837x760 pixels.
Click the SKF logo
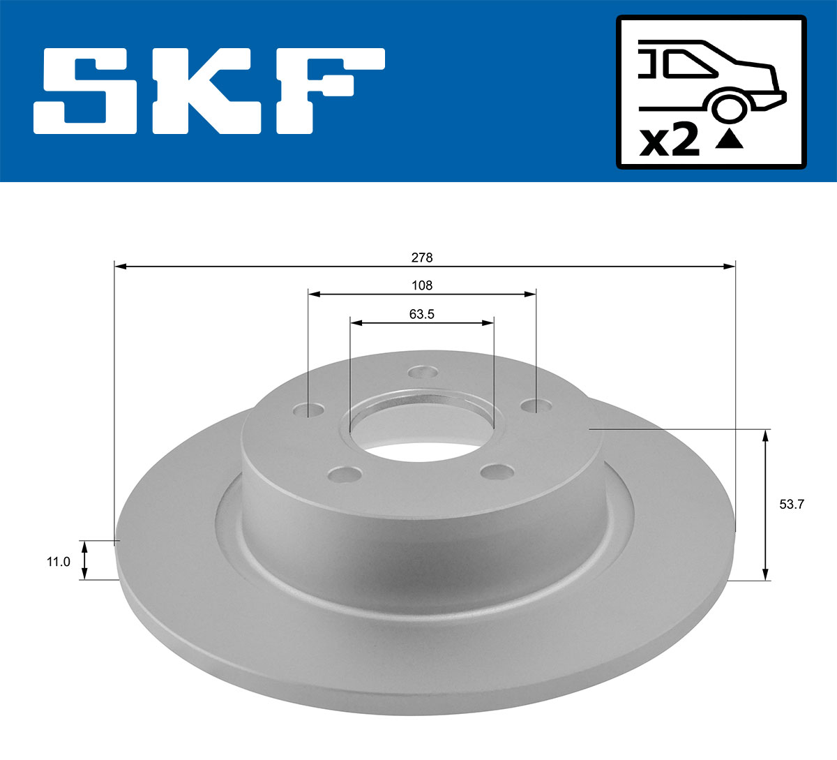209,91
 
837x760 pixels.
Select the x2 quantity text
670,141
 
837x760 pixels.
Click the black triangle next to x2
730,140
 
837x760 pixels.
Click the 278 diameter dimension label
421,258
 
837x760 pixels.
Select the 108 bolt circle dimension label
422,285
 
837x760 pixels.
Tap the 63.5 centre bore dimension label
422,314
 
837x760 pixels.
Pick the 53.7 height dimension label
792,505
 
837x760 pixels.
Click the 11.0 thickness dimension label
59,561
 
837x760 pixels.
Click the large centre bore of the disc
421,429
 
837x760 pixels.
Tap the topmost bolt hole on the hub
422,372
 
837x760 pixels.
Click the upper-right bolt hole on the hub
535,405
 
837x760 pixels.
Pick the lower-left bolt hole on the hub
345,475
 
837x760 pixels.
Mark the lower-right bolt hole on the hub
498,472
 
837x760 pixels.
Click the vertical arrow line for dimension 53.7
766,505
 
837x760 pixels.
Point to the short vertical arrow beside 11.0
84,560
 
